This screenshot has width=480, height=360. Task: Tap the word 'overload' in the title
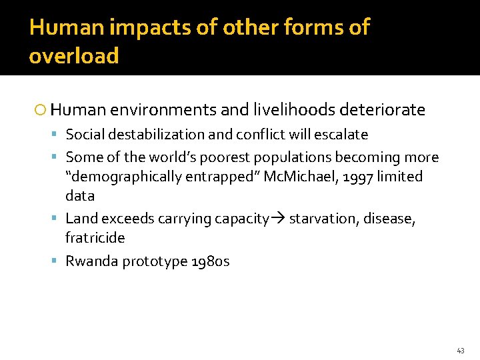click(74, 55)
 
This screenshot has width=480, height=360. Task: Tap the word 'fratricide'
click(95, 238)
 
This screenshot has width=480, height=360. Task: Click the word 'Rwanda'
click(88, 261)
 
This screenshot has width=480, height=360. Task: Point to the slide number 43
click(461, 350)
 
